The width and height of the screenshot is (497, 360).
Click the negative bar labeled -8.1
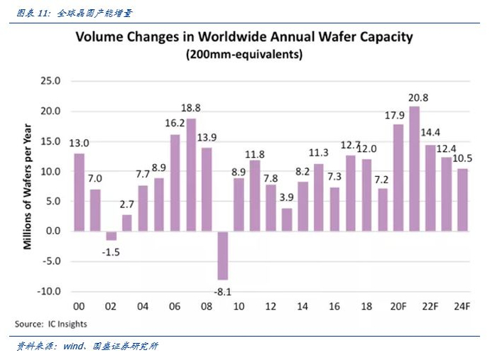[222, 256]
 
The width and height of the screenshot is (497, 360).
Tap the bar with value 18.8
[190, 175]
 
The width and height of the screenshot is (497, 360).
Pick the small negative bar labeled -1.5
[111, 236]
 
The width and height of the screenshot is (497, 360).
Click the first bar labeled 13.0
[79, 192]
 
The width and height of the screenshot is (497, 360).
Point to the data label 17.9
[398, 115]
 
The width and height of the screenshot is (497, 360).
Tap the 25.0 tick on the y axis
[51, 81]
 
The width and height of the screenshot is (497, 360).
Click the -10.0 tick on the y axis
[50, 292]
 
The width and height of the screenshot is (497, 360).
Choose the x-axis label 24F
[462, 307]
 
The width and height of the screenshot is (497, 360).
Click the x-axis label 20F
[398, 307]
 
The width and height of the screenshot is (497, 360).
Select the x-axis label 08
[206, 307]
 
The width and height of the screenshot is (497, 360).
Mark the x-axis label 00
[79, 307]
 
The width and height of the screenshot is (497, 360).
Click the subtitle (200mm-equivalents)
[244, 54]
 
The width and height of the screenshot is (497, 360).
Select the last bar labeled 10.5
[462, 200]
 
